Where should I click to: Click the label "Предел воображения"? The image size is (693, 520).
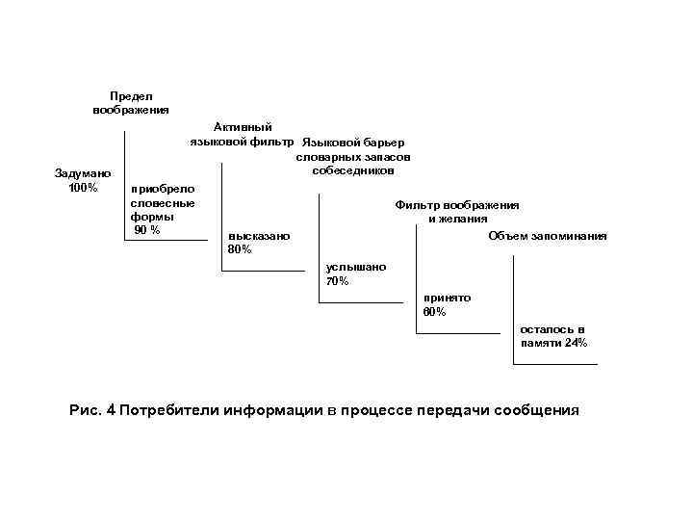(x=131, y=103)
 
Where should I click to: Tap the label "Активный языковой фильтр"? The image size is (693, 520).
(x=242, y=135)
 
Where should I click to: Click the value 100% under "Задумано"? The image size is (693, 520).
(x=83, y=187)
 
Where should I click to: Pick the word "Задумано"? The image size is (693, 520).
(x=83, y=173)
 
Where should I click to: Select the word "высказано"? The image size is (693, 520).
(x=258, y=236)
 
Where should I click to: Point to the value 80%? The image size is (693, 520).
(x=240, y=249)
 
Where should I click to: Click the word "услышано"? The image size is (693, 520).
(x=356, y=267)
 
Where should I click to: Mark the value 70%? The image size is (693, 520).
(x=338, y=281)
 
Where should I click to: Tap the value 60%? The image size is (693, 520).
(x=434, y=312)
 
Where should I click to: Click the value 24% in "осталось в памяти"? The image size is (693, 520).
(x=577, y=343)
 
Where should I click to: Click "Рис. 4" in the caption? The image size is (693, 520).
(x=93, y=409)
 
